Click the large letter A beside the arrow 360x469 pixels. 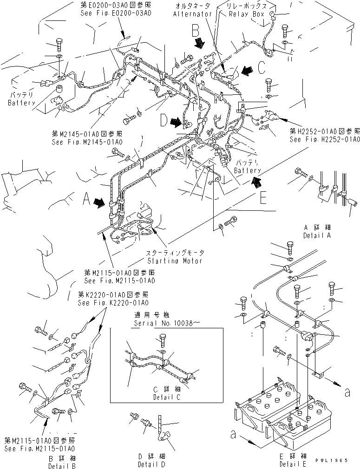point(86,200)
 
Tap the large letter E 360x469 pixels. point(263,198)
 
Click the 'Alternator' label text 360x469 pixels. point(192,14)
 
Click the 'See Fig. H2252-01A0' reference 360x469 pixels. point(325,139)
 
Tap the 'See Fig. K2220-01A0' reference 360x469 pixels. point(113,303)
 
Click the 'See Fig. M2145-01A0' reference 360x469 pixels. point(87,142)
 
